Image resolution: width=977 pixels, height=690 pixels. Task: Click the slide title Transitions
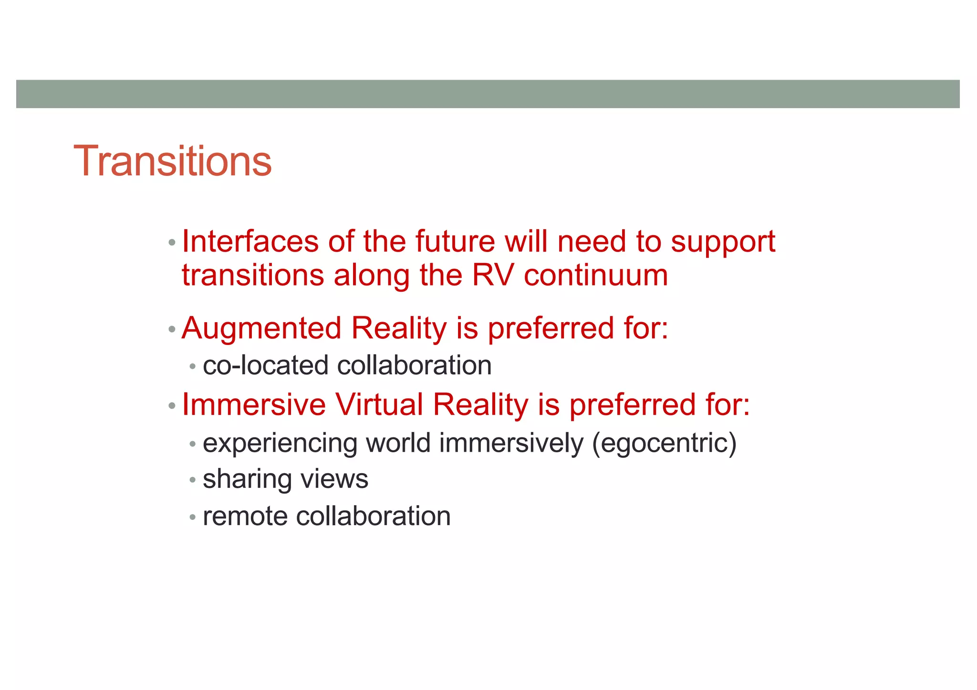[x=173, y=161]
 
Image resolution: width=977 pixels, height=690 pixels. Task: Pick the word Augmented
[x=261, y=329]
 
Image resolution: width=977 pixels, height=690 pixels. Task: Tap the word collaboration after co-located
[x=414, y=365]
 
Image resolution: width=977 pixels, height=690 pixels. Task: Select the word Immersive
[x=254, y=405]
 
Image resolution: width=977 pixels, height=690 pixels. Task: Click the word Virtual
[x=379, y=405]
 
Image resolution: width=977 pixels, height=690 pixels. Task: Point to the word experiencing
[x=280, y=444]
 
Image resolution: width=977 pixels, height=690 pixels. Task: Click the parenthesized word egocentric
[x=664, y=444]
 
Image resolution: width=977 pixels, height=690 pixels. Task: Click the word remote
[x=245, y=516]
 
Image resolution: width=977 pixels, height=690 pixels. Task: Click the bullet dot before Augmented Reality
[x=172, y=329]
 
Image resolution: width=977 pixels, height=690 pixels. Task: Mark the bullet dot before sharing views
[x=192, y=480]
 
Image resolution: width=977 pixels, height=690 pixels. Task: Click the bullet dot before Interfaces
[x=172, y=243]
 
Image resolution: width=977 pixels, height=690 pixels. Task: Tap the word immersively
[x=511, y=444]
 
